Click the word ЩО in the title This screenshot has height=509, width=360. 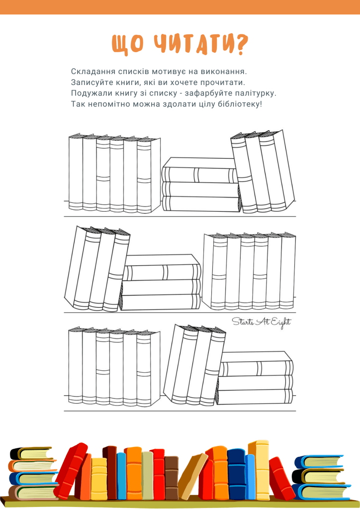coord(127,44)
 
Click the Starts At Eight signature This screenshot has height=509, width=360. coord(262,323)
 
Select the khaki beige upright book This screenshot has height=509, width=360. coord(147,475)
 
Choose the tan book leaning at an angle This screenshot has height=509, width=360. coord(193,476)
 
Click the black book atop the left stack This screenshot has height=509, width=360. coord(31,453)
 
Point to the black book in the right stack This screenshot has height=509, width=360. coord(318,476)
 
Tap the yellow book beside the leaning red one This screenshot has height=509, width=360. coord(98,479)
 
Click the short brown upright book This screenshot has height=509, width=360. coord(171,477)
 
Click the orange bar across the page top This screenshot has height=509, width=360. coord(180,7)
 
